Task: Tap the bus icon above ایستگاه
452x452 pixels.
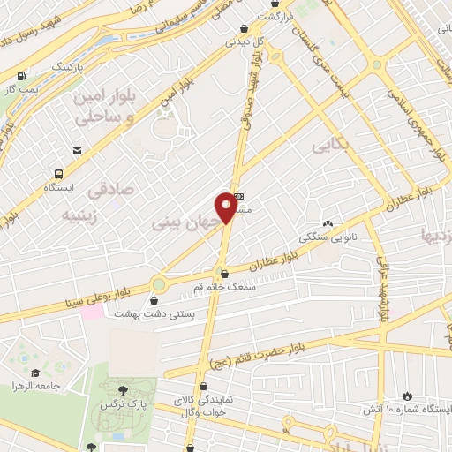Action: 58,174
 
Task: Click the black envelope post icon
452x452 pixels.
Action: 78,152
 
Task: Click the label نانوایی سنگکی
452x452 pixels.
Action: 328,237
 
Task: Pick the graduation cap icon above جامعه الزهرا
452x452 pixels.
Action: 34,372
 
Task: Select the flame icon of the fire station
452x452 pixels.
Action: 407,395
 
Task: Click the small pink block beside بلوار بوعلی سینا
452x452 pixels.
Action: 92,313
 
